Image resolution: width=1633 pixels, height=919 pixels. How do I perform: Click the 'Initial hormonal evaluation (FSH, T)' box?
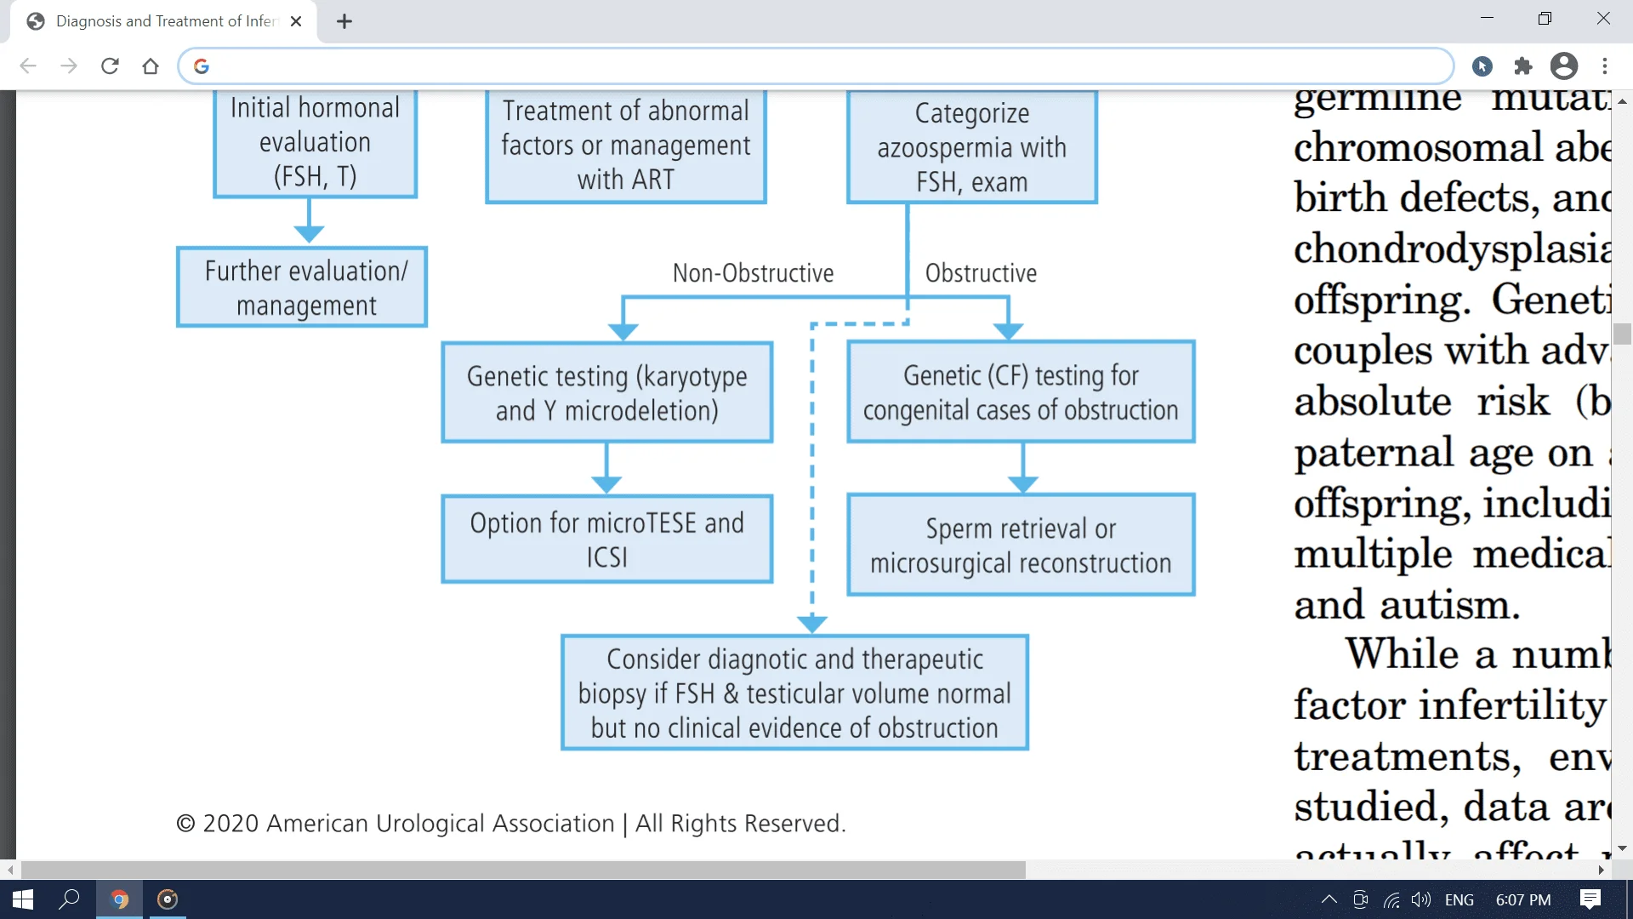pos(315,142)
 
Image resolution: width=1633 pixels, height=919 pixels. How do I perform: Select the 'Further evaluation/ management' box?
pos(302,288)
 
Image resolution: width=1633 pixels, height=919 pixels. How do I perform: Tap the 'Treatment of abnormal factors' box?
pos(626,146)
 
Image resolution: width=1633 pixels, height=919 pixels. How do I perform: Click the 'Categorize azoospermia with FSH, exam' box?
pos(971,147)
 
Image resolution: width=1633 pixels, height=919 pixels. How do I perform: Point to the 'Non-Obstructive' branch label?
pos(753,273)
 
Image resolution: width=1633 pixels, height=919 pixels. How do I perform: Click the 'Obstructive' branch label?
pos(981,273)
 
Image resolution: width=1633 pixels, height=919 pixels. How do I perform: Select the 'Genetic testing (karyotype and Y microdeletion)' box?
pos(606,392)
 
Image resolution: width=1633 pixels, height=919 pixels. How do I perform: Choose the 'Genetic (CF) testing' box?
pos(1021,392)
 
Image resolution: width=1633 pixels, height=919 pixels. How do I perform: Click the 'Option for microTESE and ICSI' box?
pos(606,539)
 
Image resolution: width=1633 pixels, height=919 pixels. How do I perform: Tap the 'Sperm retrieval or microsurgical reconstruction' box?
pos(1021,545)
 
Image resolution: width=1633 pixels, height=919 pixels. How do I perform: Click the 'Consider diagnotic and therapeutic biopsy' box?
pos(794,693)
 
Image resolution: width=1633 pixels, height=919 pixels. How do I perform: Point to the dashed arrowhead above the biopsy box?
pos(812,624)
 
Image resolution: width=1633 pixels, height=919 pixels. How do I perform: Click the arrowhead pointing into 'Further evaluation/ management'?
pos(309,234)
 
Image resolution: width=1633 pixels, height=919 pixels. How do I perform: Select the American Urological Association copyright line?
pos(510,824)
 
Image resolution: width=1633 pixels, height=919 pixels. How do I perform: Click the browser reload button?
pos(110,66)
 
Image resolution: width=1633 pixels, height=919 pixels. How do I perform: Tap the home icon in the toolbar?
pos(151,66)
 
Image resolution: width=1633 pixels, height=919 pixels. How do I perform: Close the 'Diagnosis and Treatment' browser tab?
pos(296,21)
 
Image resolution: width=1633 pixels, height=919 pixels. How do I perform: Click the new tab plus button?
pos(344,21)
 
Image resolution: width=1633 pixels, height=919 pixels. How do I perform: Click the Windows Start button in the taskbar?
pos(23,899)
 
